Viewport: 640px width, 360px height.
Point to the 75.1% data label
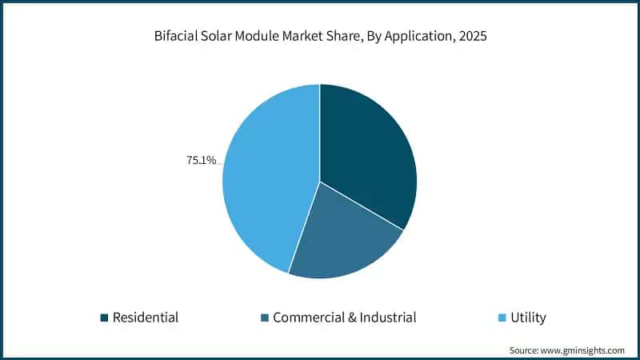(202, 161)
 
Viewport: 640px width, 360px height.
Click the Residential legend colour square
(104, 318)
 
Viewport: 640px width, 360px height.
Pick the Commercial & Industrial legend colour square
(264, 318)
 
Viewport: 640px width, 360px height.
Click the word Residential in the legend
(145, 318)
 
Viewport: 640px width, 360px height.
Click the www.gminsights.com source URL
(584, 350)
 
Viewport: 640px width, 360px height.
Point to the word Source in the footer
(525, 350)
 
